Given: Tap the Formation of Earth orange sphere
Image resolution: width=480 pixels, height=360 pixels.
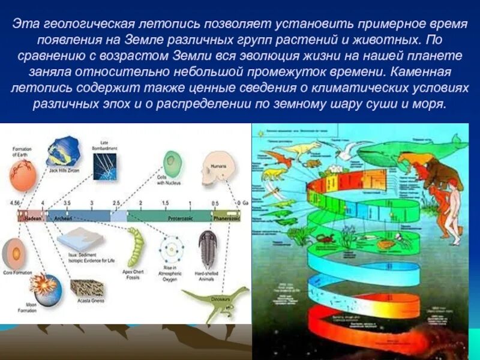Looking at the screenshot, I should [23, 175].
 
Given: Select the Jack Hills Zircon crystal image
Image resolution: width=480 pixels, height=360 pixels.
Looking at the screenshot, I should [63, 151].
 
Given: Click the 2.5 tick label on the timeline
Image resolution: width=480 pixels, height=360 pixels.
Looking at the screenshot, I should [117, 204].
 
